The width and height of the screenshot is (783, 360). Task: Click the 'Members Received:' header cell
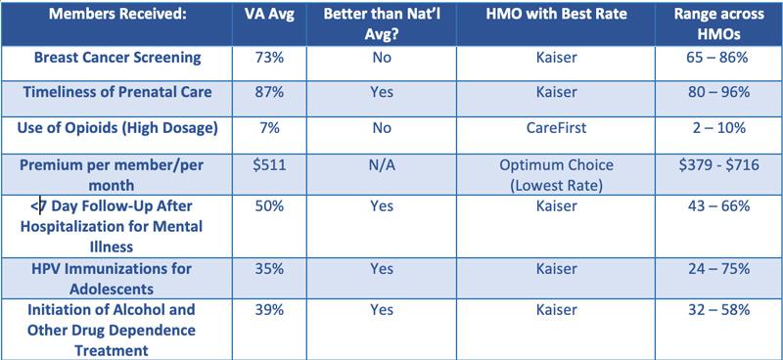pyautogui.click(x=116, y=16)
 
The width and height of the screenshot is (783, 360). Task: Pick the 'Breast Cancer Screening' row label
pyautogui.click(x=116, y=58)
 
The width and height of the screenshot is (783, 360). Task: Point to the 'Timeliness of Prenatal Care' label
pyautogui.click(x=116, y=91)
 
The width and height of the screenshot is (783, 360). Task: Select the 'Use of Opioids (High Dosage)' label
pyautogui.click(x=116, y=126)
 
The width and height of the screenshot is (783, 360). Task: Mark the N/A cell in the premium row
pyautogui.click(x=382, y=163)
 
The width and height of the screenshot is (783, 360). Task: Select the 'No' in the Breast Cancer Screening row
pyautogui.click(x=382, y=58)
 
